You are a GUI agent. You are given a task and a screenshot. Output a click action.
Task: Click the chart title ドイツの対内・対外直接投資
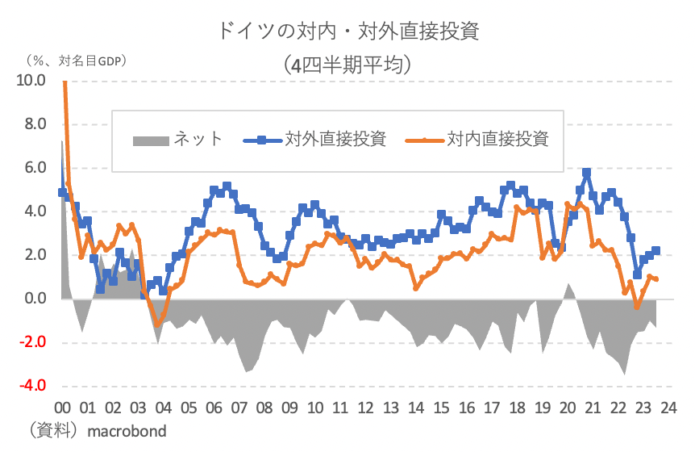pyautogui.click(x=348, y=31)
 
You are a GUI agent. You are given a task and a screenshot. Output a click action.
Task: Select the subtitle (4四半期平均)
pyautogui.click(x=348, y=64)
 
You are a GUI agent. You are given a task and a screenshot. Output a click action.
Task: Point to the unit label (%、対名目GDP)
pyautogui.click(x=77, y=61)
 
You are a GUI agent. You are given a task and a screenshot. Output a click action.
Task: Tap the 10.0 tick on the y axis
pyautogui.click(x=31, y=81)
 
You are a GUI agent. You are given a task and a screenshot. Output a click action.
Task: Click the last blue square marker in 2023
pyautogui.click(x=656, y=251)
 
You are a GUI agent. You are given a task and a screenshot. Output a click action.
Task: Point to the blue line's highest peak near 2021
pyautogui.click(x=586, y=172)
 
